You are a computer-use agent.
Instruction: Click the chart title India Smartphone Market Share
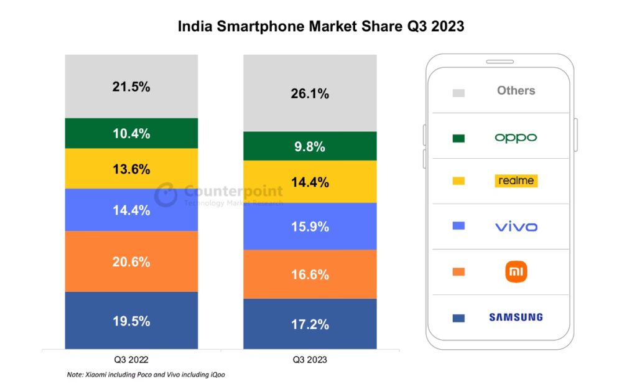point(321,27)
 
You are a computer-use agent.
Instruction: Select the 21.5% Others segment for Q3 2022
point(131,87)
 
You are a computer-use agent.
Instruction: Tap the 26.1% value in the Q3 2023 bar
point(310,94)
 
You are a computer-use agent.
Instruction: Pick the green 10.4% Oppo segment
point(131,133)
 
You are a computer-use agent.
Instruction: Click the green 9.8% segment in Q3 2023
point(310,147)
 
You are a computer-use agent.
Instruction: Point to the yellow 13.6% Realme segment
point(131,169)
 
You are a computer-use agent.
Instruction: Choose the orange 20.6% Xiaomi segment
point(131,262)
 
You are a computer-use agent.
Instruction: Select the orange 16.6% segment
point(310,274)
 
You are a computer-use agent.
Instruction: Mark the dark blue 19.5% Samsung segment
point(131,321)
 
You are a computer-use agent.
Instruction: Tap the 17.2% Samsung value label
point(310,324)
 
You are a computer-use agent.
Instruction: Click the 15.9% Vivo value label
point(310,227)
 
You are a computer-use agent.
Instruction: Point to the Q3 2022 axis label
point(131,360)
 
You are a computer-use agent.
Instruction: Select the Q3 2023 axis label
point(310,360)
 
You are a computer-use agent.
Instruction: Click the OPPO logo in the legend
point(516,138)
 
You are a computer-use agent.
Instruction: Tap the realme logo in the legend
point(516,181)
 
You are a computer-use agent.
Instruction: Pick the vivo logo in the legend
point(516,227)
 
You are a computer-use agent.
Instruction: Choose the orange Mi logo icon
point(516,272)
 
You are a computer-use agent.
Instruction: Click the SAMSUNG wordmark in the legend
point(516,317)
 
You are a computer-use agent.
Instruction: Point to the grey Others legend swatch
point(458,93)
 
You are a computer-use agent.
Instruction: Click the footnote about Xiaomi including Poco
point(150,375)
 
